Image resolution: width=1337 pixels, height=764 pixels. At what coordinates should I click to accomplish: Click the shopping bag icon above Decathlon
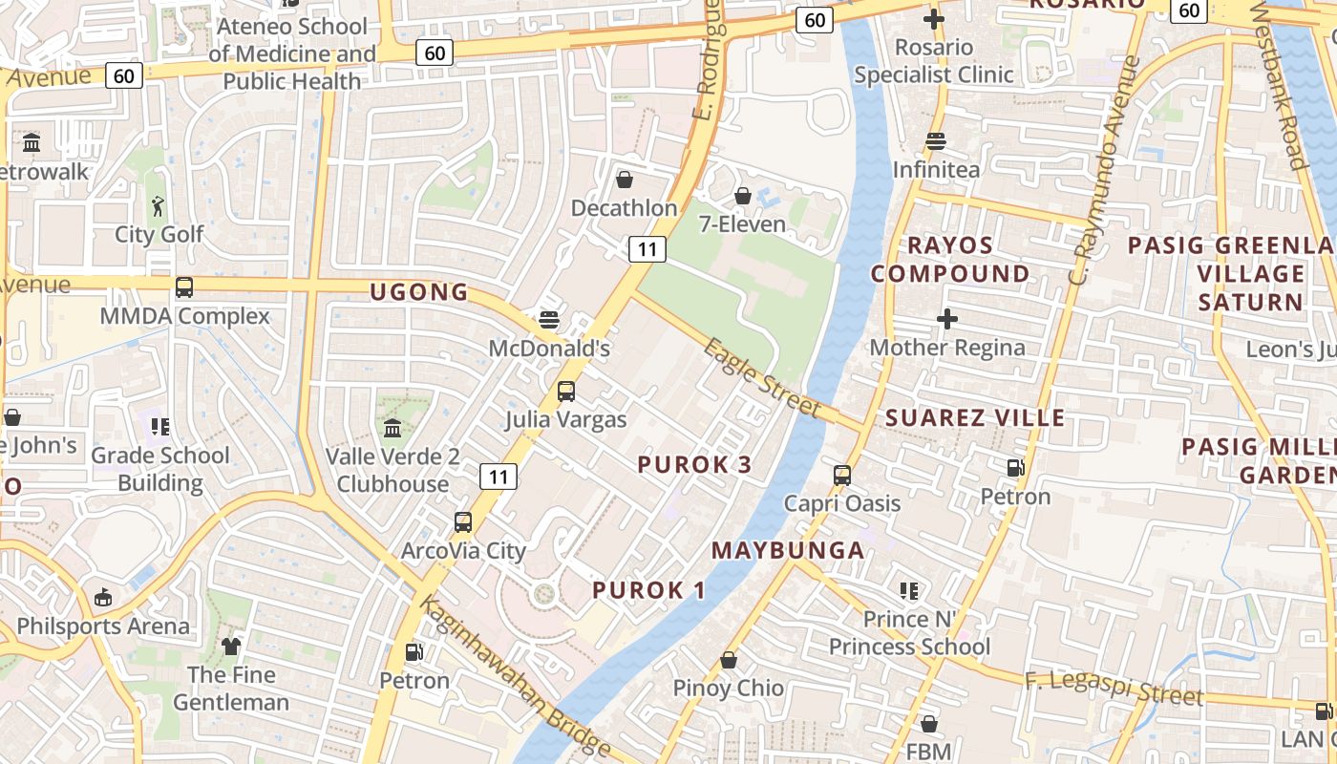[x=625, y=180]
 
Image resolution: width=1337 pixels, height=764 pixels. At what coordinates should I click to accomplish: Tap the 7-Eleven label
[x=742, y=224]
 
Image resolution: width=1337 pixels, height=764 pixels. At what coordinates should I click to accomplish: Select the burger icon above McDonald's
[x=548, y=319]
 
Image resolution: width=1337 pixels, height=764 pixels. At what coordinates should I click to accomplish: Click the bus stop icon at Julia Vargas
[x=565, y=392]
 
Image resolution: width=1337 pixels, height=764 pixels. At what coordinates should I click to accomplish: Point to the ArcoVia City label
[x=463, y=551]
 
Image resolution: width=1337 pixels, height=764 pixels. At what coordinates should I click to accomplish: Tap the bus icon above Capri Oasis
[x=841, y=476]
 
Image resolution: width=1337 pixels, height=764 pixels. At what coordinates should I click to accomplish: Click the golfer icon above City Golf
[x=159, y=205]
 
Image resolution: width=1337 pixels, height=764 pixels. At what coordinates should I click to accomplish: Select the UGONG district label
[x=419, y=292]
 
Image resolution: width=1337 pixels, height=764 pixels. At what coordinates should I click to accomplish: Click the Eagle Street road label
[x=761, y=378]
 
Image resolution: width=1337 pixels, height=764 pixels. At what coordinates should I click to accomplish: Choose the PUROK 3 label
[x=694, y=465]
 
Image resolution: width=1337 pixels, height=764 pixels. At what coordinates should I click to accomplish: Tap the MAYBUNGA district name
[x=788, y=550]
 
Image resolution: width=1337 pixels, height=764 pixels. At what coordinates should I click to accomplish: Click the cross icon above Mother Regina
[x=946, y=319]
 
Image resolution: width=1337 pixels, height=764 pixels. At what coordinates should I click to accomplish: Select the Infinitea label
[x=936, y=170]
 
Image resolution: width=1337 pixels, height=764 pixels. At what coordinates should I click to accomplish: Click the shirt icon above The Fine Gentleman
[x=231, y=647]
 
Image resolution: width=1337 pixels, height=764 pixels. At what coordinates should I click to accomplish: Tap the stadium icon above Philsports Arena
[x=102, y=599]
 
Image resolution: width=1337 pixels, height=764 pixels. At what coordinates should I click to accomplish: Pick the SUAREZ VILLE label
[x=975, y=417]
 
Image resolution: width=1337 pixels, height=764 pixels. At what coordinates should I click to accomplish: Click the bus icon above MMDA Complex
[x=184, y=286]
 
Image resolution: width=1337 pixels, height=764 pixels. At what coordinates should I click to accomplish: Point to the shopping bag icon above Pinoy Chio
[x=728, y=660]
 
